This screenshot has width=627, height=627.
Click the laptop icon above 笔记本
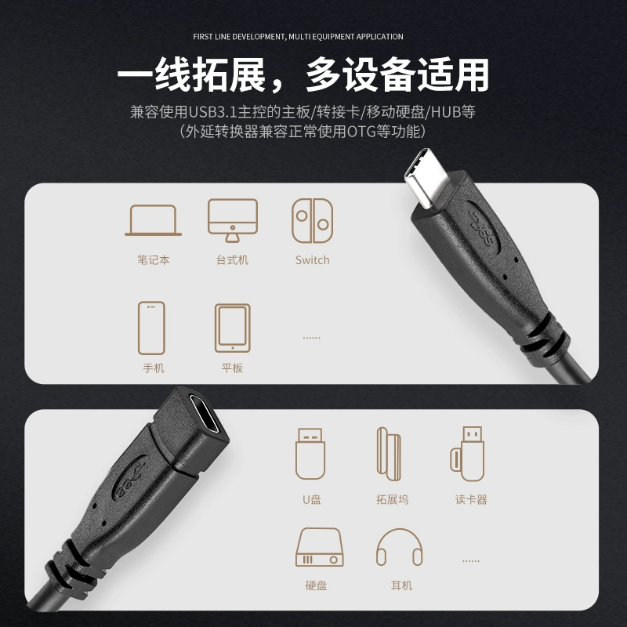pyautogui.click(x=153, y=220)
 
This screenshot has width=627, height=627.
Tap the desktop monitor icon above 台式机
pyautogui.click(x=232, y=220)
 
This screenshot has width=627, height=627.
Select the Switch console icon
pyautogui.click(x=312, y=221)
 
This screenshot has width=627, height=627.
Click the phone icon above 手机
pyautogui.click(x=151, y=328)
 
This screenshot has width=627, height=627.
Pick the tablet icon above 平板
pyautogui.click(x=232, y=328)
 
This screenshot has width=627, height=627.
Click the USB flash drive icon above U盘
pyautogui.click(x=310, y=454)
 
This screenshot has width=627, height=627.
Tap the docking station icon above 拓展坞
pyautogui.click(x=389, y=454)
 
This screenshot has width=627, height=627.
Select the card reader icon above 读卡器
pyautogui.click(x=467, y=454)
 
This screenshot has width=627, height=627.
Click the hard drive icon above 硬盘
pyautogui.click(x=319, y=547)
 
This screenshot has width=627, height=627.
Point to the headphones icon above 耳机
pyautogui.click(x=399, y=547)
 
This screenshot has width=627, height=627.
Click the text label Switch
pyautogui.click(x=312, y=260)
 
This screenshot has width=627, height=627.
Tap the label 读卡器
pyautogui.click(x=471, y=499)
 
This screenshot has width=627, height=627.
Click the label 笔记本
pyautogui.click(x=153, y=260)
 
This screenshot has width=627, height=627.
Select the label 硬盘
pyautogui.click(x=316, y=585)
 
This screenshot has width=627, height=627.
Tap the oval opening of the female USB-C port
pyautogui.click(x=204, y=414)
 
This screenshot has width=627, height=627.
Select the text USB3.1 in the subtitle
pyautogui.click(x=212, y=112)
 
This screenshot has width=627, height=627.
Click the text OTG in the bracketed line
pyautogui.click(x=361, y=131)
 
